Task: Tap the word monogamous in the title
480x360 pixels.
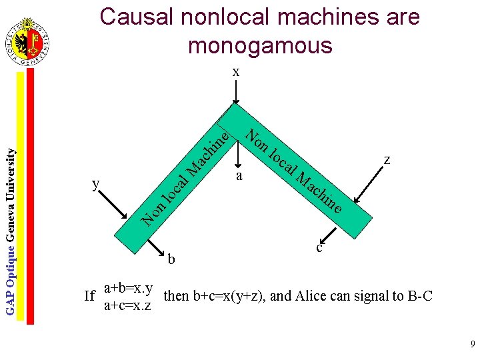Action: [260, 45]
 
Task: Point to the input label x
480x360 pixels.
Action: [236, 71]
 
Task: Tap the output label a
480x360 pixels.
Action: [239, 177]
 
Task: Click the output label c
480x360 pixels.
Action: [320, 248]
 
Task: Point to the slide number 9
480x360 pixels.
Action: [472, 345]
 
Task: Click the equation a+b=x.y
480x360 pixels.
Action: [129, 288]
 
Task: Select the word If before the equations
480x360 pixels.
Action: [91, 296]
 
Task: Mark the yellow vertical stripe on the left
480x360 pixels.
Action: [21, 200]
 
